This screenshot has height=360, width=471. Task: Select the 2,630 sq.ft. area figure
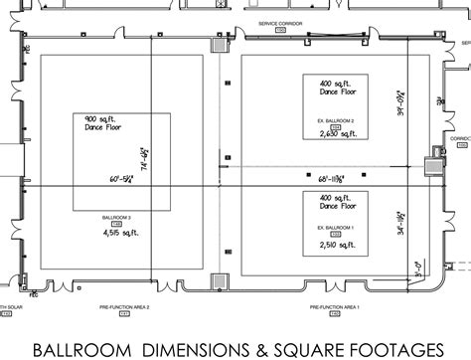point(334,137)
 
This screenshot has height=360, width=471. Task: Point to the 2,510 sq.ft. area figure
point(334,244)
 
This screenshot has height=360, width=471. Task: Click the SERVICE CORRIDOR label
point(278,21)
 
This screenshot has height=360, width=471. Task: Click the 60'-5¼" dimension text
point(126,180)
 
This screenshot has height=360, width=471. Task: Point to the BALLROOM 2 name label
point(117,217)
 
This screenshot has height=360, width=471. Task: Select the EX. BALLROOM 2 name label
point(334,121)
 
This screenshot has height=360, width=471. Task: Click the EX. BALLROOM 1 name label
point(334,228)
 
